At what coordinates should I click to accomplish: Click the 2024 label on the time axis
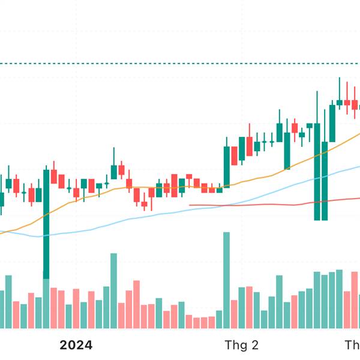click(x=76, y=345)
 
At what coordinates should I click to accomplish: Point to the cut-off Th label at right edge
click(x=352, y=345)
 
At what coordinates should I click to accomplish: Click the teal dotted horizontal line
click(x=180, y=63)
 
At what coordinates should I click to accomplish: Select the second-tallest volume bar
click(x=113, y=291)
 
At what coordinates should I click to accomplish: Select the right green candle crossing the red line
click(x=325, y=180)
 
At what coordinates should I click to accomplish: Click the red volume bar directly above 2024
click(x=76, y=308)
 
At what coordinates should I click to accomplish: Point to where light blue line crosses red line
click(x=223, y=206)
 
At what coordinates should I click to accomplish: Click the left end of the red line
click(x=190, y=205)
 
